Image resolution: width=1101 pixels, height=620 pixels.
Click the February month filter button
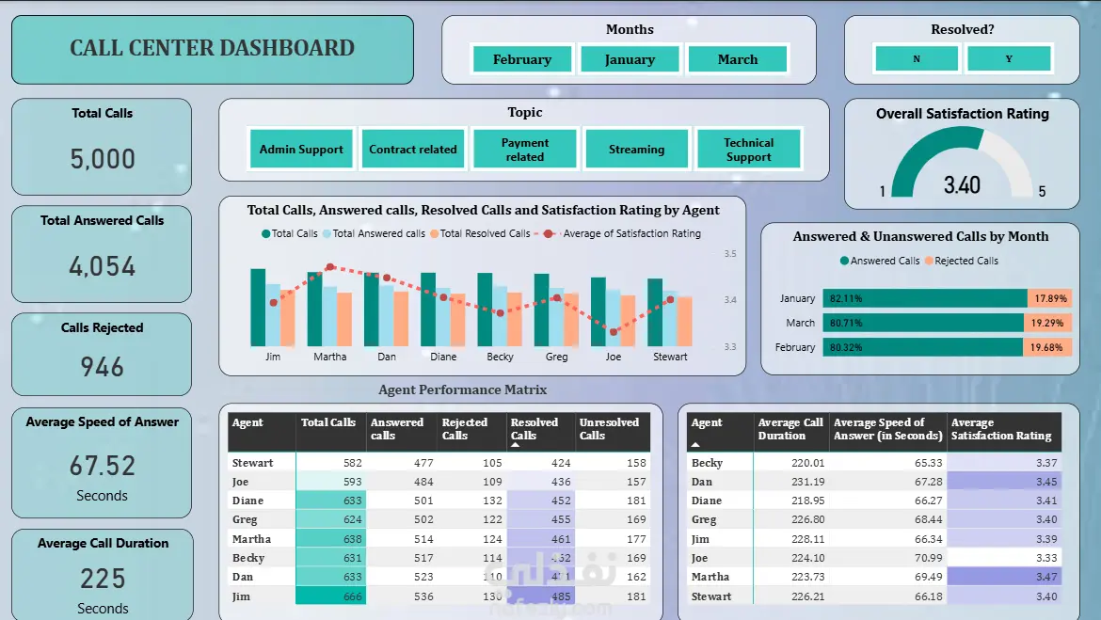pyautogui.click(x=522, y=59)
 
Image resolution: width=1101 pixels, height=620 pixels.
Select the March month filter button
pyautogui.click(x=737, y=59)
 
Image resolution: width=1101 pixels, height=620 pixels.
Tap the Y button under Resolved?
pyautogui.click(x=1009, y=59)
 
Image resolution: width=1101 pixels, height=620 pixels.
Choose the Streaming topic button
pyautogui.click(x=636, y=150)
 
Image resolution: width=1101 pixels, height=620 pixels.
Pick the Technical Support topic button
pyautogui.click(x=748, y=150)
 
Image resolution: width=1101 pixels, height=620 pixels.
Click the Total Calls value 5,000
pyautogui.click(x=103, y=159)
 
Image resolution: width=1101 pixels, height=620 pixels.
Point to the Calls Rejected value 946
pyautogui.click(x=103, y=366)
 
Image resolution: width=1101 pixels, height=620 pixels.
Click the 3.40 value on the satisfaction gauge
pyautogui.click(x=962, y=185)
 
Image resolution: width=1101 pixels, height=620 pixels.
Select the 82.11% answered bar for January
pyautogui.click(x=924, y=298)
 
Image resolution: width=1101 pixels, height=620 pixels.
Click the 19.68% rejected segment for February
pyautogui.click(x=1047, y=347)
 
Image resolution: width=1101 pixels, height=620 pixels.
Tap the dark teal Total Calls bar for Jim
pyautogui.click(x=258, y=308)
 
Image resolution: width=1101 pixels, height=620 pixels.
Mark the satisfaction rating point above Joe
pyautogui.click(x=614, y=331)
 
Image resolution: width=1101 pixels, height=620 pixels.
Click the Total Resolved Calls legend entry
pyautogui.click(x=480, y=233)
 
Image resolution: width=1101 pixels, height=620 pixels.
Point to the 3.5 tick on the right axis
pyautogui.click(x=730, y=254)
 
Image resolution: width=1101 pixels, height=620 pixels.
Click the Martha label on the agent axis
pyautogui.click(x=329, y=357)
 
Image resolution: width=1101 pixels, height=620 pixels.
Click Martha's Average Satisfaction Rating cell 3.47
pyautogui.click(x=1004, y=577)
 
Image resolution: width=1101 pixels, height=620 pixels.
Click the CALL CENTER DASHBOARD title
pyautogui.click(x=212, y=49)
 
